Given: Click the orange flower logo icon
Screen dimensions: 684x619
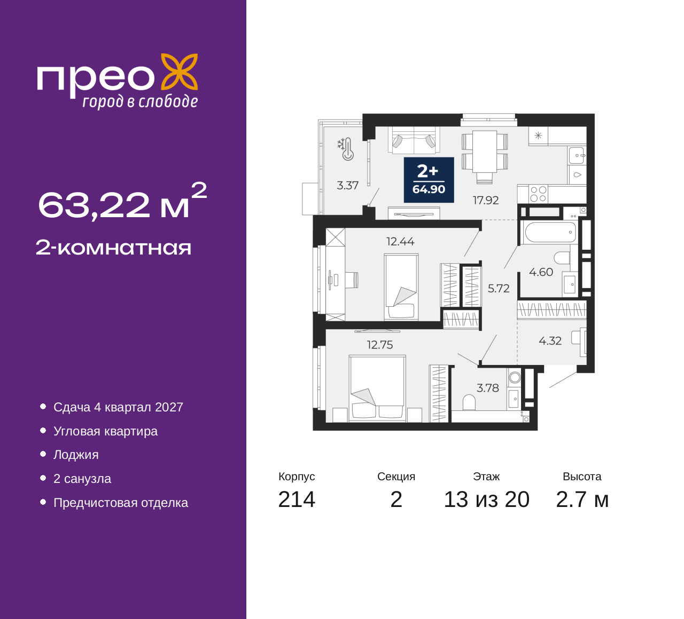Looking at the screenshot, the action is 180,72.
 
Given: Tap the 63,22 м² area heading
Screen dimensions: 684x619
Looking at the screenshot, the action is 122,202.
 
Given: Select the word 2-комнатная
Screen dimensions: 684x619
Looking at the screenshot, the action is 113,248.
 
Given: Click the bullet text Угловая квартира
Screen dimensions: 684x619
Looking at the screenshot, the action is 105,431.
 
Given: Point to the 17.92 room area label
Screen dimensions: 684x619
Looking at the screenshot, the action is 486,200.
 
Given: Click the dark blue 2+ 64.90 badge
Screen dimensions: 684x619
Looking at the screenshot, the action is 429,180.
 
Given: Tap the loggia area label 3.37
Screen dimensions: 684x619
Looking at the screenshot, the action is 347,186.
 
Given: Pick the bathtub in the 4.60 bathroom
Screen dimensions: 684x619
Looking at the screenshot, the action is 551,233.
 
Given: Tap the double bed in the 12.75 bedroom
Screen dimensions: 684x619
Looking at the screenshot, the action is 377,388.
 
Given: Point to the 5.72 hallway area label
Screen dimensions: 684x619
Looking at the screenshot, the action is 499,289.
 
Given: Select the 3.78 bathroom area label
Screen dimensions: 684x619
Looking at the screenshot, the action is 487,388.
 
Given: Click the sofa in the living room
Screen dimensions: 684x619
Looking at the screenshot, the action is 414,140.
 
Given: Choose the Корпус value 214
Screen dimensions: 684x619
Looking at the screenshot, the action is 297,499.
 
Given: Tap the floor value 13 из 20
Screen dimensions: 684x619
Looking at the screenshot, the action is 487,499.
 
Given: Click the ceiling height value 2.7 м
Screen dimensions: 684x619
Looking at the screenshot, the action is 582,499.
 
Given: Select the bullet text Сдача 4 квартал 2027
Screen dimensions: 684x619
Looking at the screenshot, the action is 118,407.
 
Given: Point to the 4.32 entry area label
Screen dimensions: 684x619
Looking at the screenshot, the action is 550,341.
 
